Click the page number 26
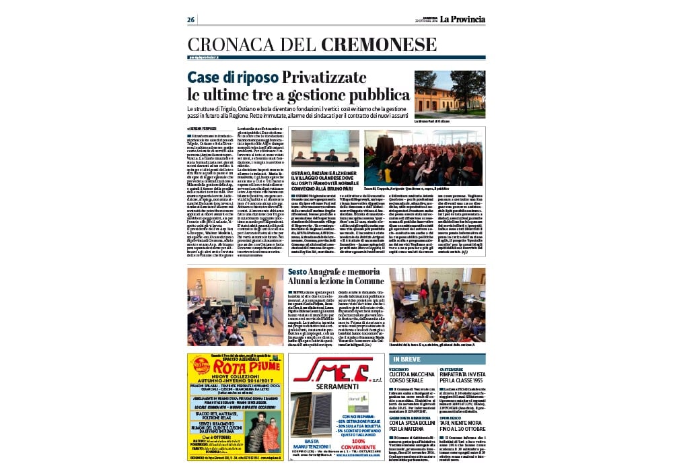coord(191,19)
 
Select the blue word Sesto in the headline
coord(297,271)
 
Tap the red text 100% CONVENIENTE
coord(356,444)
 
